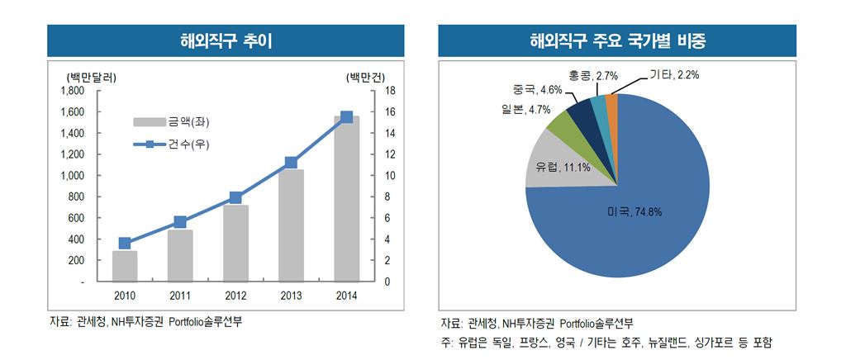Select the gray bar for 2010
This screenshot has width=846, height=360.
tap(125, 266)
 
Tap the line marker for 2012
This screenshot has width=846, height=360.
tap(236, 197)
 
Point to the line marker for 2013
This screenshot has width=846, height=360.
tap(291, 163)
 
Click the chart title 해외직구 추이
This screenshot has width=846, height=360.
tap(226, 40)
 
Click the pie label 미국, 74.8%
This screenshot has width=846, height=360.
tap(634, 212)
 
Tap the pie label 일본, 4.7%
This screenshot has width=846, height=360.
tap(519, 109)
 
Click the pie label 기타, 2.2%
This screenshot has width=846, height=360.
tap(673, 76)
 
